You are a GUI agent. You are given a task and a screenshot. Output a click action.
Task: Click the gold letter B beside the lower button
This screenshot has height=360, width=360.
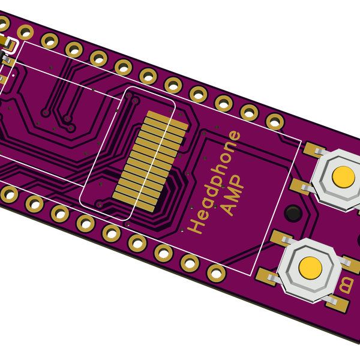click(346, 285)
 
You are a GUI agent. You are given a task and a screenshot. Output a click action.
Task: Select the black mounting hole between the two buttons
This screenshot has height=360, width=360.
click(293, 212)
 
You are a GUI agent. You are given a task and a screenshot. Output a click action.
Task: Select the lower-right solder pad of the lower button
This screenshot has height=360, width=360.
click(337, 304)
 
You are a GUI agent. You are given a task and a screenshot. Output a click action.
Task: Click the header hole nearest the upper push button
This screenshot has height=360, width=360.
click(275, 122)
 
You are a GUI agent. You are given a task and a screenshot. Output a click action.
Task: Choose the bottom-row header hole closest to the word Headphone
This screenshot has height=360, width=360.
click(190, 263)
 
